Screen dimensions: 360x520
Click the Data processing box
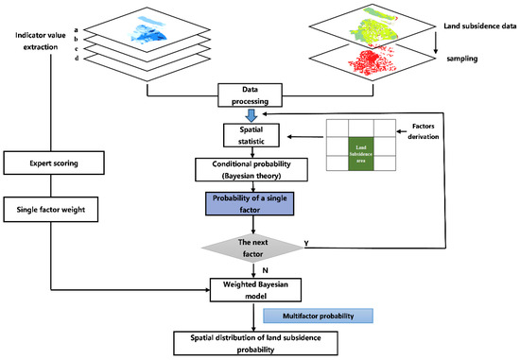pos(251,95)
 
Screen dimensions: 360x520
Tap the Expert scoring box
pos(61,163)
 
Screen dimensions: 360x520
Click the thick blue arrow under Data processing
pos(251,114)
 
